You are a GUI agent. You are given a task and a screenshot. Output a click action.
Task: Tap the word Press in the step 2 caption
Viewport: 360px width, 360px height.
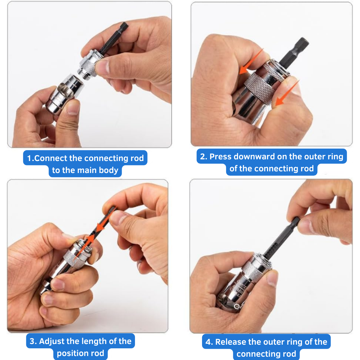(221, 156)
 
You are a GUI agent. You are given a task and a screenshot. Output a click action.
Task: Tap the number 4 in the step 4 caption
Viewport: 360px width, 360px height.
(209, 342)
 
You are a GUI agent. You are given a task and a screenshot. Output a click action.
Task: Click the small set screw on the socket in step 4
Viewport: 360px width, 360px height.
(237, 306)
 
